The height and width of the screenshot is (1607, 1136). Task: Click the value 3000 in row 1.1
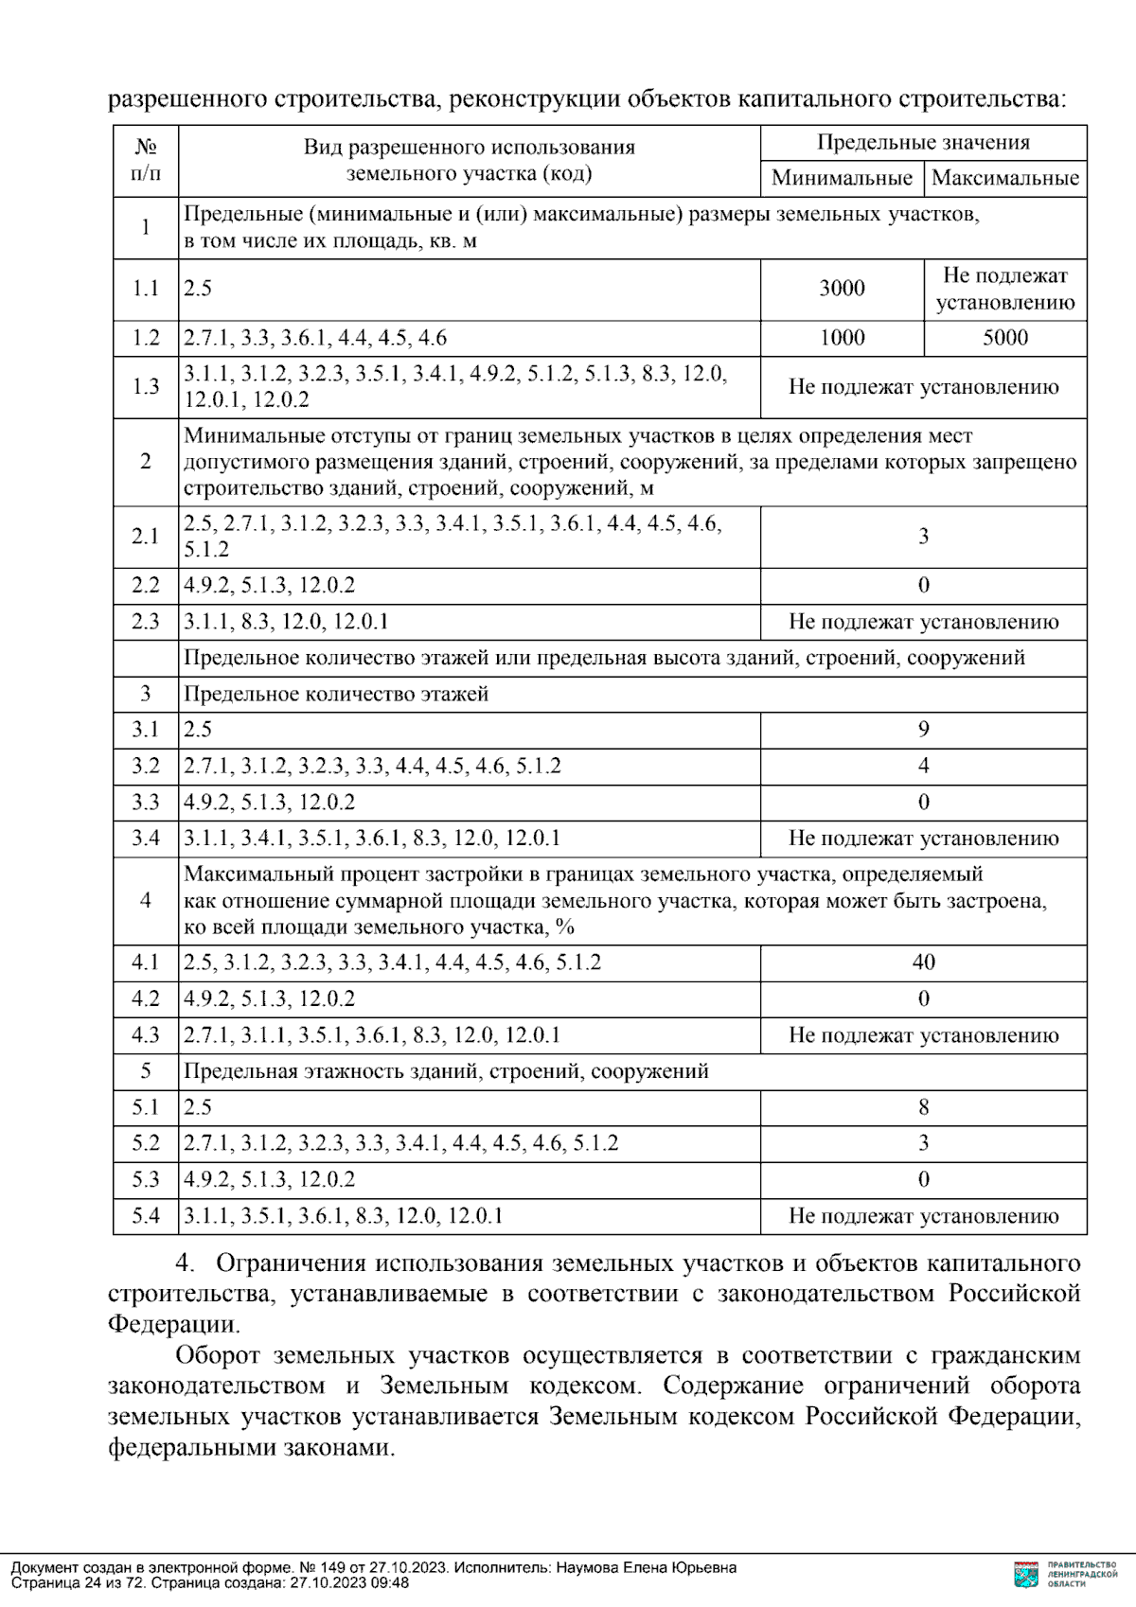[x=842, y=289]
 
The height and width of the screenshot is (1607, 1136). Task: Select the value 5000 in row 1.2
[x=1004, y=338]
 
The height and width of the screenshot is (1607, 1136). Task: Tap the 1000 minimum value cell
[x=842, y=338]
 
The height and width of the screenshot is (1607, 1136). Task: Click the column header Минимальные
[x=842, y=178]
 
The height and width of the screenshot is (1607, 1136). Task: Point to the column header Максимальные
[x=1004, y=178]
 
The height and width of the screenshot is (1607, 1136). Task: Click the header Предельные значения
[x=923, y=143]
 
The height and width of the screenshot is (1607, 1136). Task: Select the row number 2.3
[x=146, y=622]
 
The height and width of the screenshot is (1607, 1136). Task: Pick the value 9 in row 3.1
[x=923, y=729]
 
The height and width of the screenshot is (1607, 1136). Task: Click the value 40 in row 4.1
[x=923, y=962]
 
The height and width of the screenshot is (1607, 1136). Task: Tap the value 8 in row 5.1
[x=923, y=1107]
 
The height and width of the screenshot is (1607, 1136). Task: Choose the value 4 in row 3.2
[x=923, y=766]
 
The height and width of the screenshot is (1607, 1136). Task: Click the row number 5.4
[x=146, y=1216]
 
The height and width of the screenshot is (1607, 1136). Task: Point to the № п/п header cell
[x=146, y=160]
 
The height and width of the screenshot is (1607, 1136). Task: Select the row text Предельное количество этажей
[x=336, y=694]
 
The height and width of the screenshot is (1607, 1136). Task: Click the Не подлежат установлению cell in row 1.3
[x=923, y=387]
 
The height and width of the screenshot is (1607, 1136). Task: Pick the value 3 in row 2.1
[x=923, y=537]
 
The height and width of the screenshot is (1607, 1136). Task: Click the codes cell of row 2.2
[x=270, y=585]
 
